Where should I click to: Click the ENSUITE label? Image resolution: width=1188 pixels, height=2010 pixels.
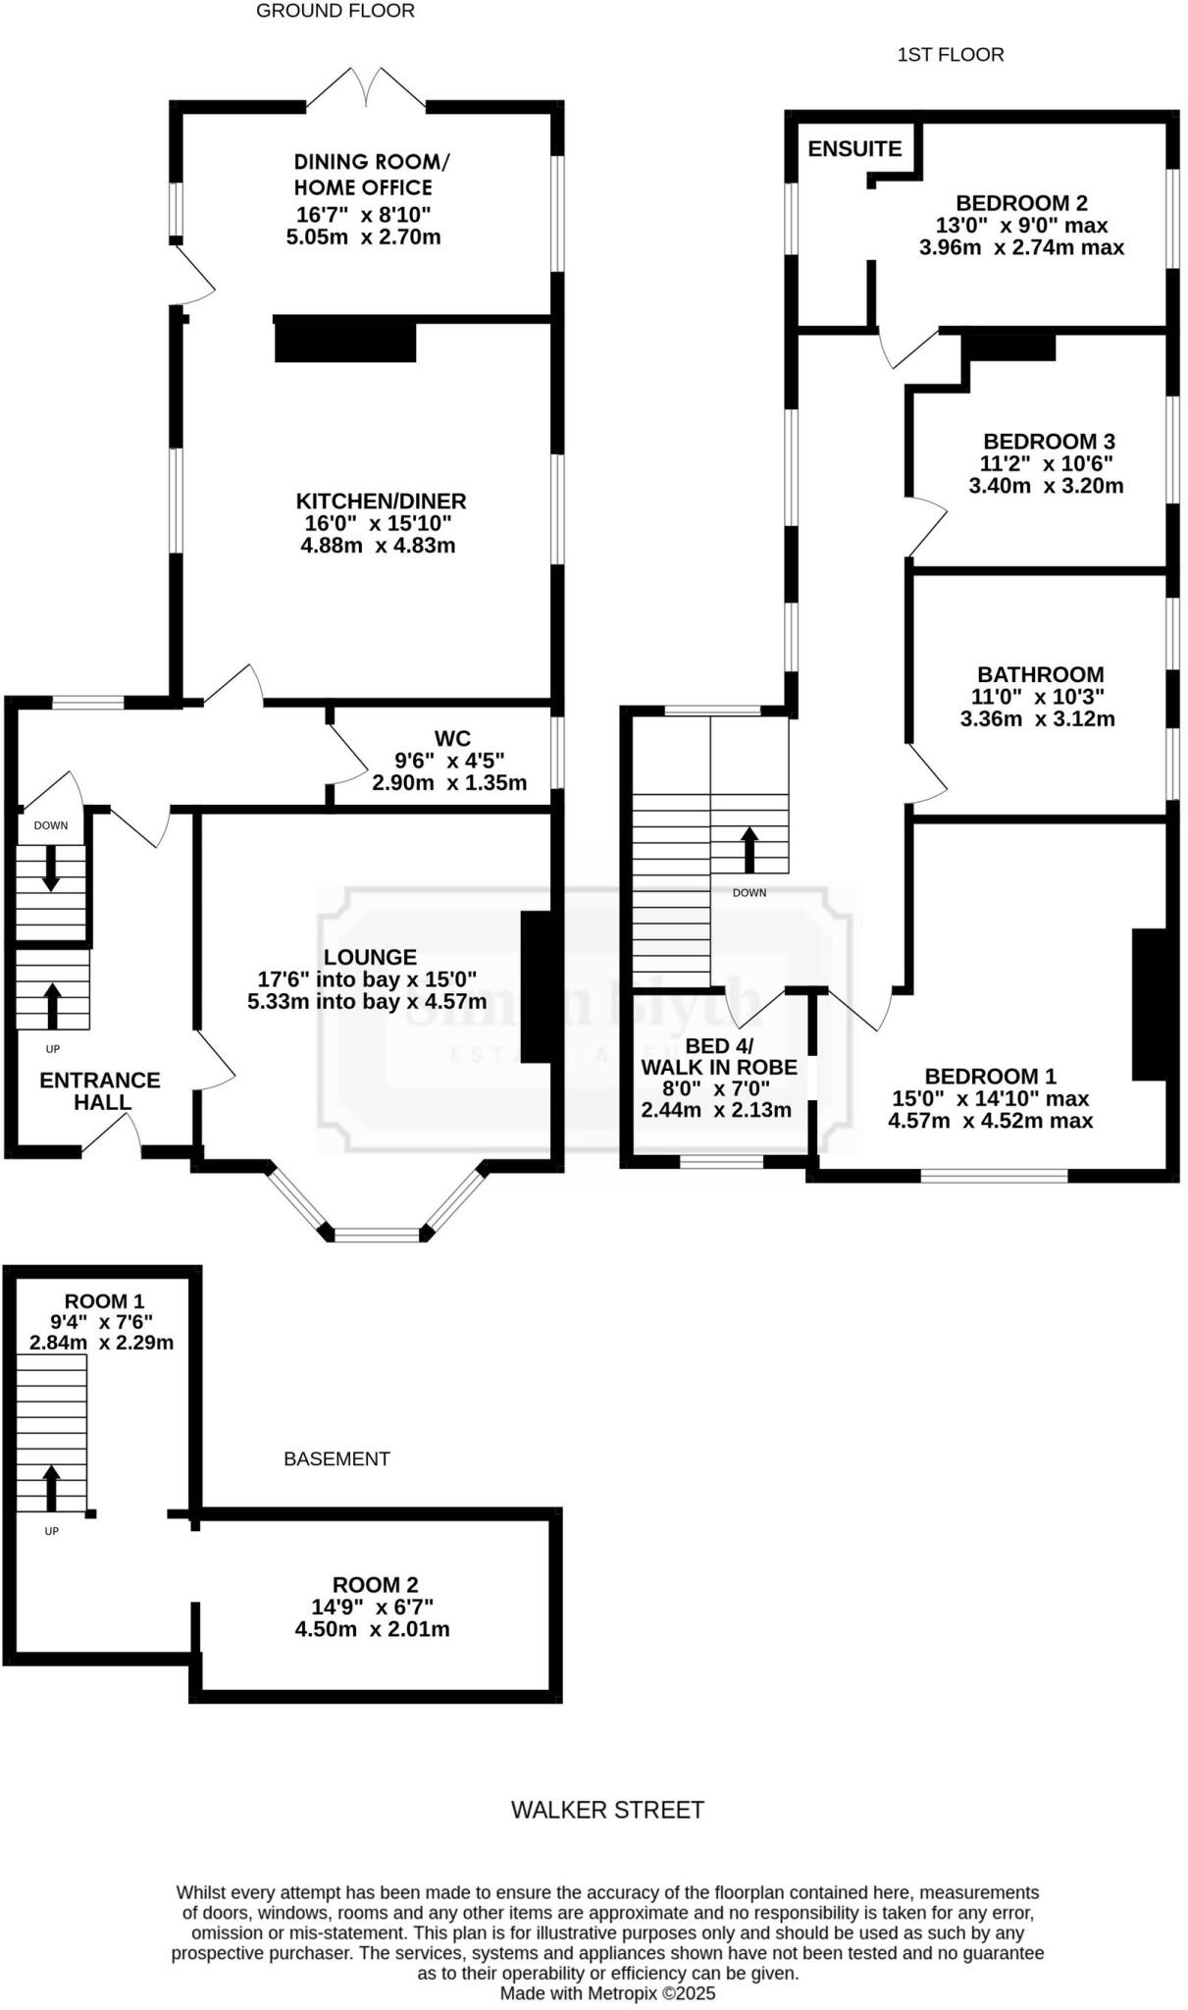coord(854,149)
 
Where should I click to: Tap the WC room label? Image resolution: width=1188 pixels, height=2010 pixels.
coord(452,738)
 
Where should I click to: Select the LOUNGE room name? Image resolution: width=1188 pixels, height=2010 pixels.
coord(370,957)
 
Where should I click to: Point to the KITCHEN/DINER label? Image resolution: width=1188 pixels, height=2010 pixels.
coord(383,501)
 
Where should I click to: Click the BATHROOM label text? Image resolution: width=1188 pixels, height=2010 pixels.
coord(1040,674)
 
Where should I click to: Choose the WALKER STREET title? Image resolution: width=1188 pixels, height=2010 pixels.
coord(607,1810)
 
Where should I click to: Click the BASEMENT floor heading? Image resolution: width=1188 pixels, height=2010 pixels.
coord(336,1458)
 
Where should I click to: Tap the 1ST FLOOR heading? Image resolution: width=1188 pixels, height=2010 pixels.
coord(950,55)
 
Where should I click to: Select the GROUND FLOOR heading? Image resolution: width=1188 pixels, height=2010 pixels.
coord(335,11)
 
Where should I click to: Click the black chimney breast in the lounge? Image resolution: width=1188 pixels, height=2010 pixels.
coord(535,986)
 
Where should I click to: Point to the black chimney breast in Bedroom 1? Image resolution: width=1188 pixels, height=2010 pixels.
coord(1149,1003)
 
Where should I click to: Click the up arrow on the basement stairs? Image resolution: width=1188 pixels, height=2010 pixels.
coord(51,1488)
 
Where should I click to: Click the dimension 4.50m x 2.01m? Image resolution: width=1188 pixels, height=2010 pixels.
coord(372,1630)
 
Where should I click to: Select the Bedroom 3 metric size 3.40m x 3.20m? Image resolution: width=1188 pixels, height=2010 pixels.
coord(1046,486)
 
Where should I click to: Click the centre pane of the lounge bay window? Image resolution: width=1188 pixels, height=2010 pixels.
coord(378,1234)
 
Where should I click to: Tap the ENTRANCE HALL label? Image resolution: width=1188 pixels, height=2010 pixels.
coord(99,1090)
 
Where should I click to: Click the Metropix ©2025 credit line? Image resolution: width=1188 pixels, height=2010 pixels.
coord(607,1993)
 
